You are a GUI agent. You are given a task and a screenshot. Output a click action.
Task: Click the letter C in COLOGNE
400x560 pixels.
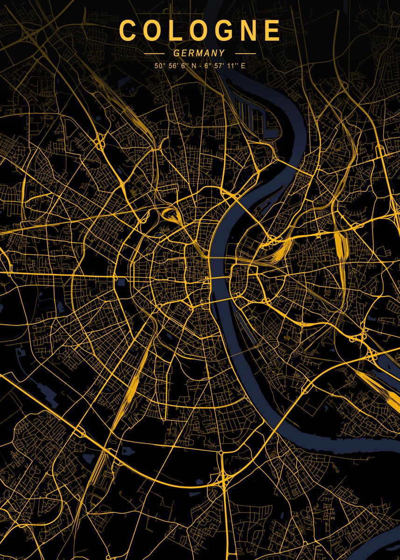[x=128, y=31]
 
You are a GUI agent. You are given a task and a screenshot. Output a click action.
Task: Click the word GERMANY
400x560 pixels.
[x=199, y=54]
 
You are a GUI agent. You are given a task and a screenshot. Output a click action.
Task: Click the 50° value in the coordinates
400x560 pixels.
[x=159, y=66]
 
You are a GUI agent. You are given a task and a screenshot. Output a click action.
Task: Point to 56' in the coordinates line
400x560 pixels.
[x=172, y=66]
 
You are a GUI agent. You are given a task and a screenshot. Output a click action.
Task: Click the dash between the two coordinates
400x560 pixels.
[x=200, y=66]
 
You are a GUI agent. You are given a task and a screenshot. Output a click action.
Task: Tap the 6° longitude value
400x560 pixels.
[x=207, y=66]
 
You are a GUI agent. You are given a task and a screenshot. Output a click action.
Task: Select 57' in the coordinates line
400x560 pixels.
[x=218, y=66]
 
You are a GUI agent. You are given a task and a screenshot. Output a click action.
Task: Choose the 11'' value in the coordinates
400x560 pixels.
[x=231, y=66]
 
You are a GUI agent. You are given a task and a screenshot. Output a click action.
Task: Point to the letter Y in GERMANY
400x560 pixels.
[x=222, y=54]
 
